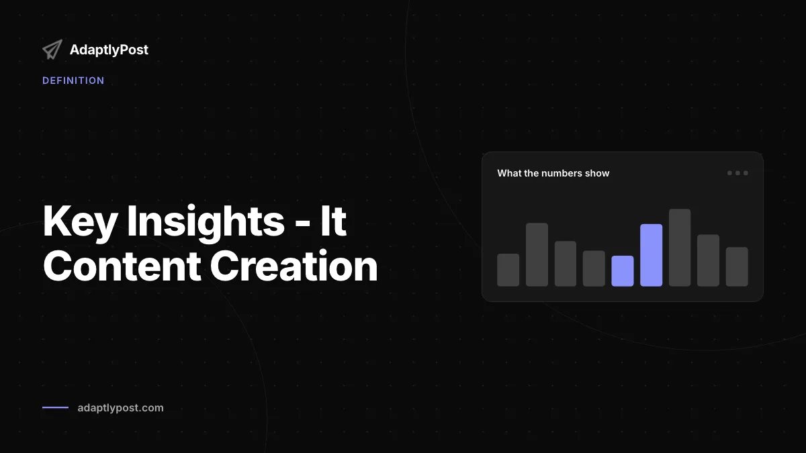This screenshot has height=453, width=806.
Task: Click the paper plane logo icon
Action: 52,50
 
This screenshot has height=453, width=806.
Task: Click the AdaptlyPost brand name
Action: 109,50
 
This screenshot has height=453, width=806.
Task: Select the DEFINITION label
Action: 73,81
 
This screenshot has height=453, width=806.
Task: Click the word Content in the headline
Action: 122,266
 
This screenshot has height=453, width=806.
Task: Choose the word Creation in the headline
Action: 294,266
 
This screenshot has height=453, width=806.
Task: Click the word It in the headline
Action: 333,220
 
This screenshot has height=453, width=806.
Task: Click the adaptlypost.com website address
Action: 120,408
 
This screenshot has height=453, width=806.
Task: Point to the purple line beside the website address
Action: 55,407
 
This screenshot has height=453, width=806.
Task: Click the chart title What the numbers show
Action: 553,173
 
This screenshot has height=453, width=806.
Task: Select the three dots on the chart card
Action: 737,173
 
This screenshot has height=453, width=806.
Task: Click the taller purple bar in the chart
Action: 652,255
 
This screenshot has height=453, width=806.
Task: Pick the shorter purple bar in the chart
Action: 623,271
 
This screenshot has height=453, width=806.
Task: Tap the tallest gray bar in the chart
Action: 680,248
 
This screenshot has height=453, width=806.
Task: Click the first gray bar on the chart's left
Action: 508,270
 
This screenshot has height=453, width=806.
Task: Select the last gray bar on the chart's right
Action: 737,267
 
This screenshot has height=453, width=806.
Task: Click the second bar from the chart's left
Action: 537,254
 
